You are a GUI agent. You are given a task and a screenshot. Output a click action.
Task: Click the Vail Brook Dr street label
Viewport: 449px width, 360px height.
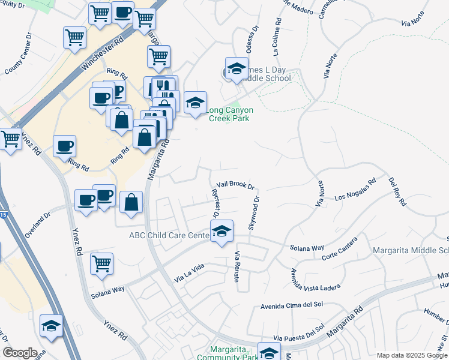236,187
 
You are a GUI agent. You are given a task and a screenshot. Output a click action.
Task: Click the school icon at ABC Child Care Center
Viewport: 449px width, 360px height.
221,231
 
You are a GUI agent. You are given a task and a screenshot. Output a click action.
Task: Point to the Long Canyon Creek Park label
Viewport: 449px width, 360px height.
230,114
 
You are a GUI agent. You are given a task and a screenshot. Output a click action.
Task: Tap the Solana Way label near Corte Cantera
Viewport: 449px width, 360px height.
307,247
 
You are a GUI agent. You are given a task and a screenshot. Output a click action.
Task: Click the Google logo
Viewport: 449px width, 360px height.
20,353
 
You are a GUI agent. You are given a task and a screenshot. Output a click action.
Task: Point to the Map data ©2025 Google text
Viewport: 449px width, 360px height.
411,355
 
